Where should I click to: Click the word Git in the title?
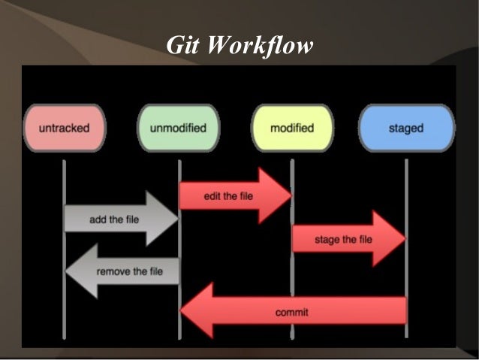[x=182, y=46]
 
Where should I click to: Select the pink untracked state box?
[x=64, y=129]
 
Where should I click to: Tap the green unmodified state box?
[x=179, y=129]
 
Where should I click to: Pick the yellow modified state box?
[x=291, y=129]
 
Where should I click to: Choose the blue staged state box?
[x=406, y=129]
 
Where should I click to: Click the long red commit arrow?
[x=300, y=311]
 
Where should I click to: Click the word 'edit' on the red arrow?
[x=212, y=196]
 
